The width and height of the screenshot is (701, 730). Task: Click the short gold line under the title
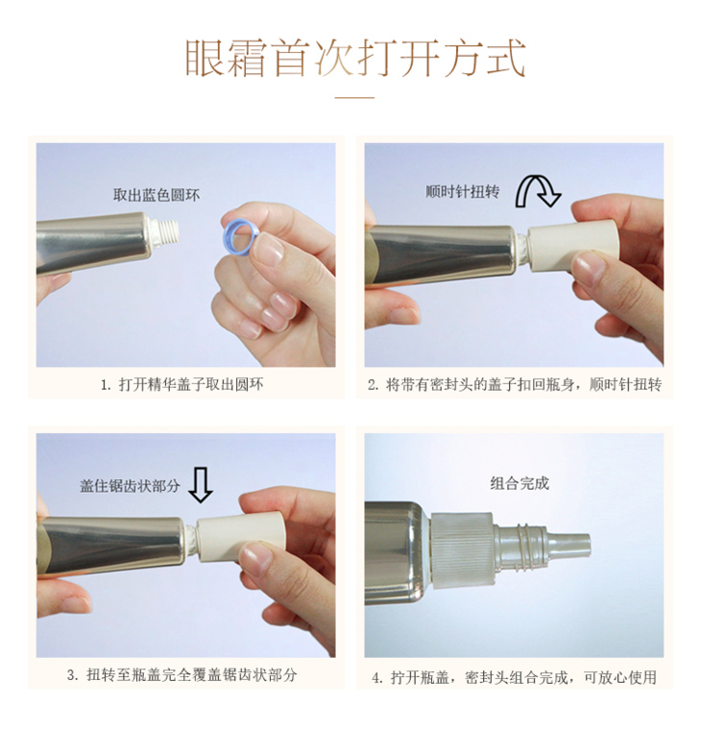click(354, 98)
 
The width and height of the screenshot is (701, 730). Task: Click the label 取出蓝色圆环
click(157, 195)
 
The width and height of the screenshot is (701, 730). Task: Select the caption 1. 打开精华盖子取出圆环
click(182, 384)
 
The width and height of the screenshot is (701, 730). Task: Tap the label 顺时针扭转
click(462, 191)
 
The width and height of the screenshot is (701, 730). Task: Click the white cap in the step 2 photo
click(574, 247)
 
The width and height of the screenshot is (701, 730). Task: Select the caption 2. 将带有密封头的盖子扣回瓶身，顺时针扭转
click(515, 384)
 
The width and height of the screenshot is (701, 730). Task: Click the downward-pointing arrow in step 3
click(201, 485)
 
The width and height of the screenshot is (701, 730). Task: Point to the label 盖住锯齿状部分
click(130, 486)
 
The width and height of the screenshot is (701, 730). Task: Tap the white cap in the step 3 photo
click(240, 536)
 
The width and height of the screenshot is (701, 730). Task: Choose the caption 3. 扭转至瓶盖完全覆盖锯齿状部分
click(182, 675)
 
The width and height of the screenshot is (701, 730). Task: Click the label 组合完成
click(520, 483)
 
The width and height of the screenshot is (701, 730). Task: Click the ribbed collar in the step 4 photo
click(462, 549)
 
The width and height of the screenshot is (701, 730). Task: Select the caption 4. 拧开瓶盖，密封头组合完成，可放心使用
click(515, 677)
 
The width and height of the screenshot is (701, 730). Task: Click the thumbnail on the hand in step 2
click(589, 267)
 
